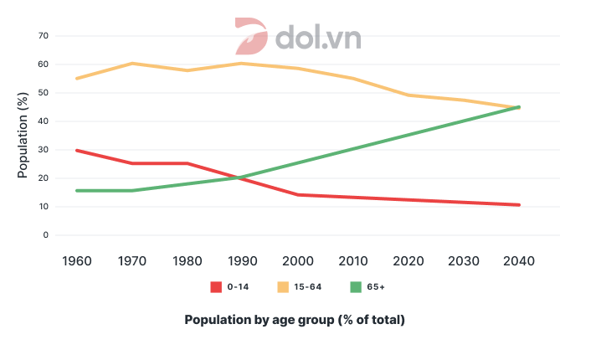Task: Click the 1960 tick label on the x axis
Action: pos(78,260)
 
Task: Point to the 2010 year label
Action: pos(353,260)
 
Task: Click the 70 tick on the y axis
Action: pos(43,36)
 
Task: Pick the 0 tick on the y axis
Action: pos(45,235)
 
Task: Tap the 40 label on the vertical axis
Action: pos(43,121)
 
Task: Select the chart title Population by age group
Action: pos(295,320)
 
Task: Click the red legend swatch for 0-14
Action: pos(215,286)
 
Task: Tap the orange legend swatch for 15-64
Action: pos(283,286)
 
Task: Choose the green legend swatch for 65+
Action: pos(355,286)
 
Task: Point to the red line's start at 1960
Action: pos(77,151)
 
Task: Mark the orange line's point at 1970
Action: pos(132,64)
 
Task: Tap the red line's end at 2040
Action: pos(519,205)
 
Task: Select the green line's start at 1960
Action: pos(77,191)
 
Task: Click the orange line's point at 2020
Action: pos(408,95)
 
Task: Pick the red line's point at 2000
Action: pos(298,195)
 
